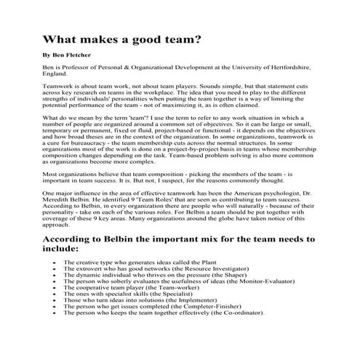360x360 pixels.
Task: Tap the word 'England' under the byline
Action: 57,74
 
